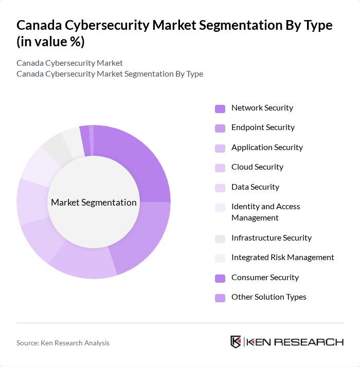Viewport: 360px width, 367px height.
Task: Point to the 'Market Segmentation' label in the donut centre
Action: coord(94,203)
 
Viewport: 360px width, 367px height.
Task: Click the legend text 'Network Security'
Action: coord(262,108)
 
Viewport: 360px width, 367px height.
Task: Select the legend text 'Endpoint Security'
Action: coord(263,127)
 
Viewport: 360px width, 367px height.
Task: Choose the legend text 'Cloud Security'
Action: coord(257,167)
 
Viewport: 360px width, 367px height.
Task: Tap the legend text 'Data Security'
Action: coord(255,187)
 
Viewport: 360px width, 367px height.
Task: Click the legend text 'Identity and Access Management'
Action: coord(265,212)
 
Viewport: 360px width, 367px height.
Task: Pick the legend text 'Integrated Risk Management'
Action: coord(282,258)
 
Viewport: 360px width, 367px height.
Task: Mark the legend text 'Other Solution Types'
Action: coord(268,297)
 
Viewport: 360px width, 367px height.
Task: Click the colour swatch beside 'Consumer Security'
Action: coord(220,278)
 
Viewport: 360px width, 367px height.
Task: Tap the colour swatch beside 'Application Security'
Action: coord(220,148)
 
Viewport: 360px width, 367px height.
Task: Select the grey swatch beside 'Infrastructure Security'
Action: coord(220,238)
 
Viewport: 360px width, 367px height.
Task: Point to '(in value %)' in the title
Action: coord(50,42)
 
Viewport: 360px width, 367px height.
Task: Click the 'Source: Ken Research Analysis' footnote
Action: coord(63,343)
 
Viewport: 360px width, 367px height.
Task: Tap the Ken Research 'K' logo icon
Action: coord(236,342)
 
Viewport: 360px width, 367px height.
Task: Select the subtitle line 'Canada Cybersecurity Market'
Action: coord(69,63)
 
